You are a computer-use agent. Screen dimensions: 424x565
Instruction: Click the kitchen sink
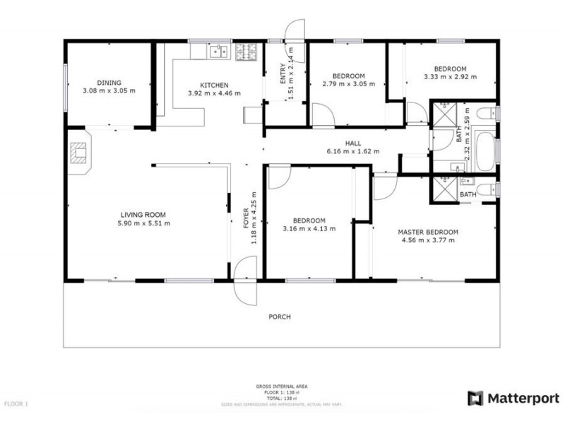pyautogui.click(x=218, y=51)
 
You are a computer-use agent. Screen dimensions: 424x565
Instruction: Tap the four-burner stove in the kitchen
pyautogui.click(x=246, y=51)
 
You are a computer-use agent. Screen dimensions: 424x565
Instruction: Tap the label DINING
pyautogui.click(x=109, y=83)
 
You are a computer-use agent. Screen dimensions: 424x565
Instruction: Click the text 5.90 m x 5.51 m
pyautogui.click(x=144, y=223)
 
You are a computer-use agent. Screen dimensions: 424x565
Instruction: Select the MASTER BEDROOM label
pyautogui.click(x=428, y=232)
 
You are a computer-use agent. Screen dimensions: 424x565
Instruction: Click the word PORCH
pyautogui.click(x=280, y=317)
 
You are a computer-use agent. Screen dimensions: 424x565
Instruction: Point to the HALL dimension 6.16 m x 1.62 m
pyautogui.click(x=353, y=151)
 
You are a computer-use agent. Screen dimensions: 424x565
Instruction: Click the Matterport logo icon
pyautogui.click(x=475, y=398)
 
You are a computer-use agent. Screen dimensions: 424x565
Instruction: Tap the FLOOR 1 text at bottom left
pyautogui.click(x=16, y=404)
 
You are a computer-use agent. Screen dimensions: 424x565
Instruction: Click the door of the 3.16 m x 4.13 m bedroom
pyautogui.click(x=277, y=175)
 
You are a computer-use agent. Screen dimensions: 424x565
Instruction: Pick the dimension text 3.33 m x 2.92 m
pyautogui.click(x=449, y=77)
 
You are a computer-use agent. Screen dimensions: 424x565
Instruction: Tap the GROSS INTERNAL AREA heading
pyautogui.click(x=282, y=387)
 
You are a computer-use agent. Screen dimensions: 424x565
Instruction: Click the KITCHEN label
pyautogui.click(x=214, y=85)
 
